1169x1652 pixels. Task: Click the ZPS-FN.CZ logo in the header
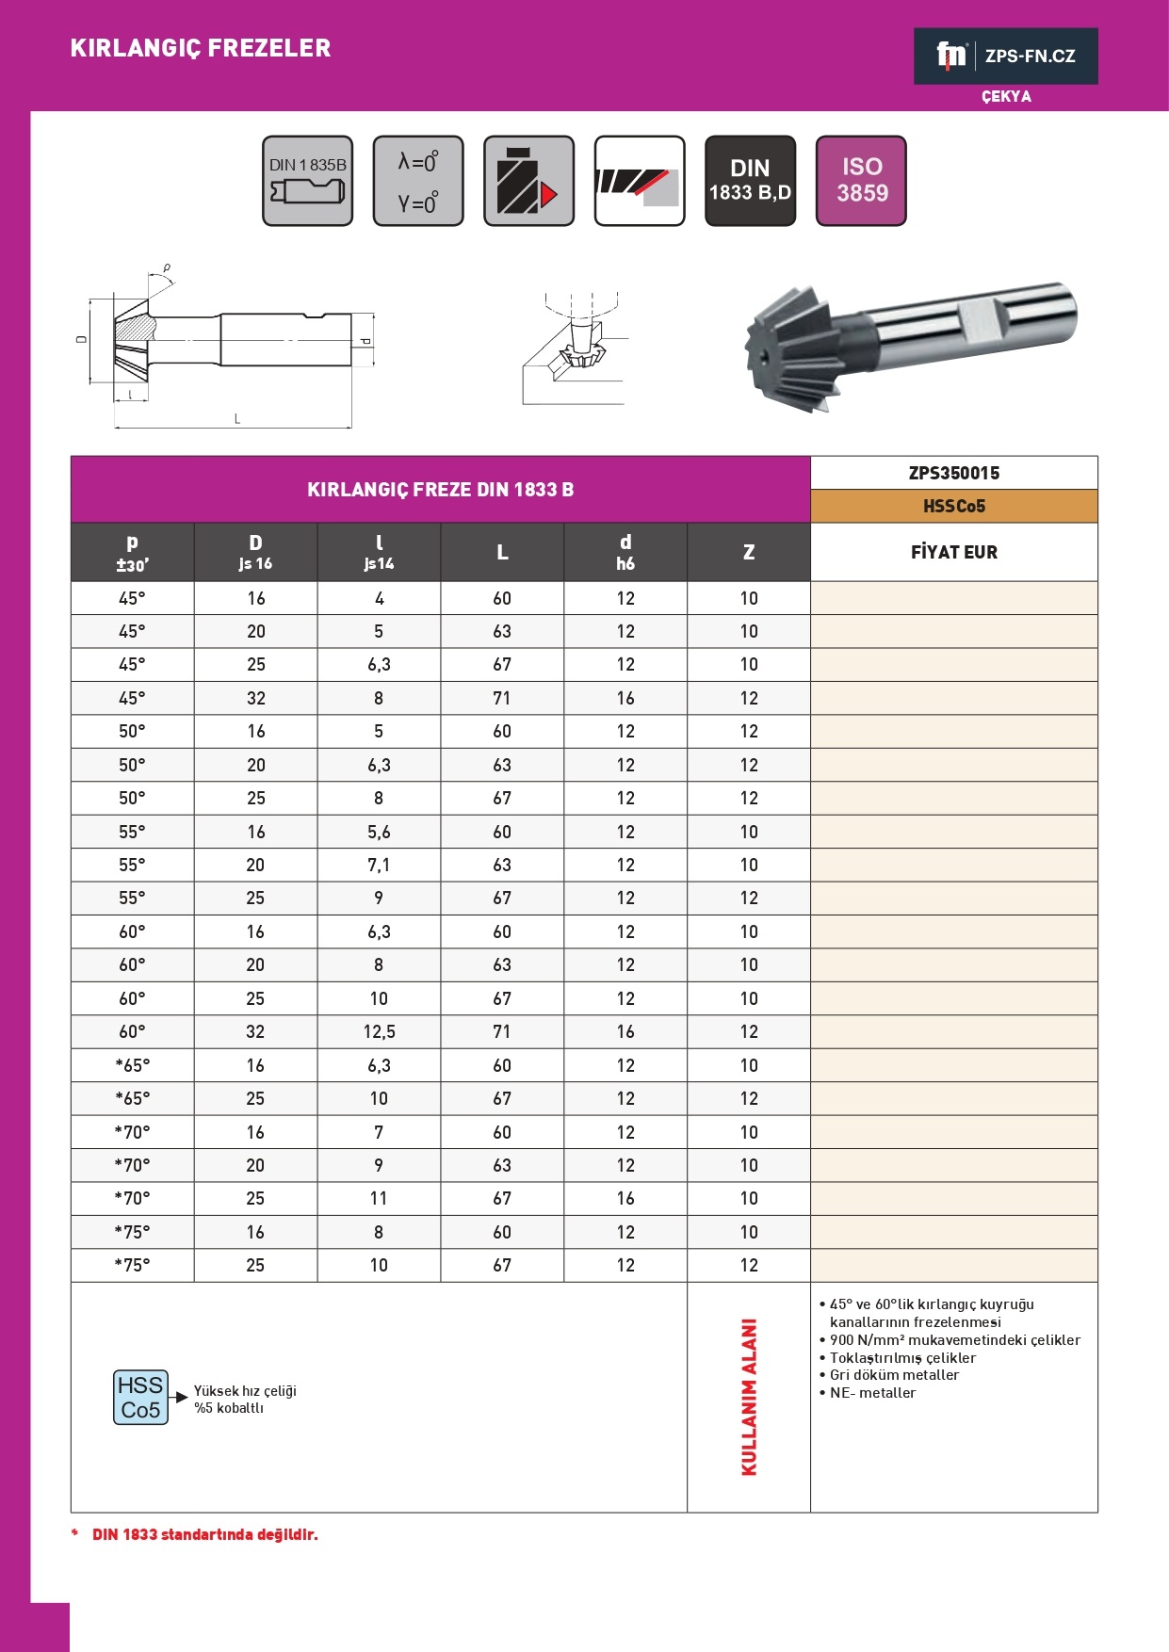(x=1005, y=57)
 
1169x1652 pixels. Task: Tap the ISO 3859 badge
(x=861, y=180)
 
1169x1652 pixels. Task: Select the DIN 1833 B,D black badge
(x=750, y=180)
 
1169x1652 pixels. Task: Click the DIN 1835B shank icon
(x=307, y=180)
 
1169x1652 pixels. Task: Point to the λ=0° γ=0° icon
(x=418, y=180)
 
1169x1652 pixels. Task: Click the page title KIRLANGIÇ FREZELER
(x=201, y=48)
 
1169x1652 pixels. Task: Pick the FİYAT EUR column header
(x=953, y=552)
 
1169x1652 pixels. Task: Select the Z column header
(x=748, y=552)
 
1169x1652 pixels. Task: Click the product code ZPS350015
(x=953, y=473)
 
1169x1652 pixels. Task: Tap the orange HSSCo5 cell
(x=953, y=506)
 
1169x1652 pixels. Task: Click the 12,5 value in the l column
(x=379, y=1031)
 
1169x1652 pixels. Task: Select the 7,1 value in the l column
(x=379, y=865)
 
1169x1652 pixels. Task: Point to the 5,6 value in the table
(x=379, y=832)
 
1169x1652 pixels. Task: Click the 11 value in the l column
(x=379, y=1198)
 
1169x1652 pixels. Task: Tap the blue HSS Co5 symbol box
(x=140, y=1397)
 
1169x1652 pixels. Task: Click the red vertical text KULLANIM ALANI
(x=749, y=1397)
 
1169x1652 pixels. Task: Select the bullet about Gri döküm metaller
(x=894, y=1375)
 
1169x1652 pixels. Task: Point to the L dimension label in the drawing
(x=236, y=419)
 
